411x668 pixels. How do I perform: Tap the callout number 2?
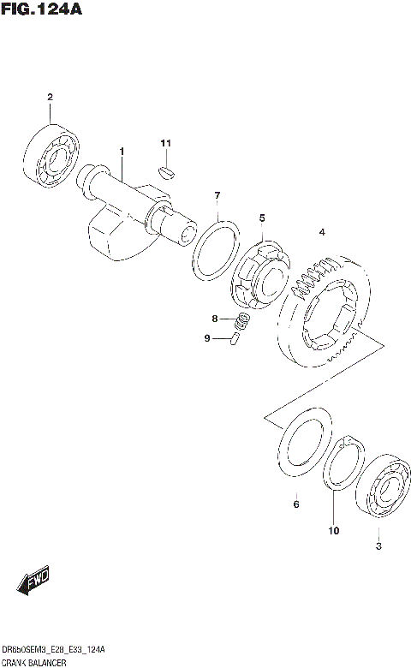[x=50, y=97]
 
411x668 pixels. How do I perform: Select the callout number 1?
[x=122, y=152]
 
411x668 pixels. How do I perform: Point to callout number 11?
[x=166, y=142]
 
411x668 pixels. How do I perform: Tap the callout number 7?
[x=217, y=195]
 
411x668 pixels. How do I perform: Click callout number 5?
[x=262, y=218]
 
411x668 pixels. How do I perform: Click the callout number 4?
[x=322, y=232]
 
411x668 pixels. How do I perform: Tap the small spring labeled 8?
[x=243, y=322]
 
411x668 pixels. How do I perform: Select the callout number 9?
[x=207, y=338]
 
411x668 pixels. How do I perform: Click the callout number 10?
[x=333, y=530]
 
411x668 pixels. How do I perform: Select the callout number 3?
[x=378, y=546]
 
